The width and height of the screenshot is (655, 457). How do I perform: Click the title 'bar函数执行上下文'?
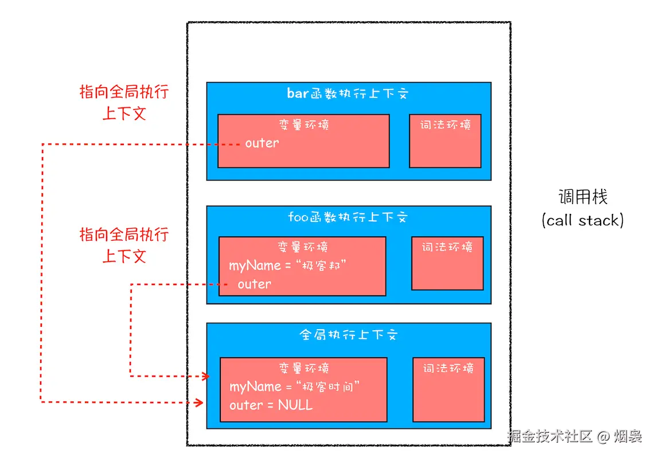tap(348, 93)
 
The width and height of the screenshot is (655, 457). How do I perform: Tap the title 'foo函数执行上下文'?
tap(348, 217)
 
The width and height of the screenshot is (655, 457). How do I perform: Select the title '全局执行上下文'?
tap(348, 335)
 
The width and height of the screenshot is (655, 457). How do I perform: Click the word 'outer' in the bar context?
tap(262, 143)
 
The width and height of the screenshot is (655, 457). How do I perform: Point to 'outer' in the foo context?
tap(254, 284)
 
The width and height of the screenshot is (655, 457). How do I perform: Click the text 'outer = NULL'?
tap(271, 405)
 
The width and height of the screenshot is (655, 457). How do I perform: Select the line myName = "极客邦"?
tap(288, 265)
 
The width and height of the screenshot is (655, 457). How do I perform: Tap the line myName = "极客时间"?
tap(294, 387)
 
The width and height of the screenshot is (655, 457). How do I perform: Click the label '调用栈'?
tap(583, 198)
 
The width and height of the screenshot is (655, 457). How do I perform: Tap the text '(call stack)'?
tap(582, 220)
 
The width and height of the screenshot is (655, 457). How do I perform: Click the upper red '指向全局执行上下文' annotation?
tap(124, 103)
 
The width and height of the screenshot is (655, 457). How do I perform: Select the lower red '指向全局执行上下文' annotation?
tap(124, 245)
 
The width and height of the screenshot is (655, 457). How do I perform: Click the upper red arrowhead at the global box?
tap(204, 376)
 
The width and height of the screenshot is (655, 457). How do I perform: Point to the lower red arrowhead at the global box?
tap(199, 402)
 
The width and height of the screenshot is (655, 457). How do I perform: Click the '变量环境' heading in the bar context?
tap(303, 124)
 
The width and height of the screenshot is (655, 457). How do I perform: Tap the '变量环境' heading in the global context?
tap(303, 368)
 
